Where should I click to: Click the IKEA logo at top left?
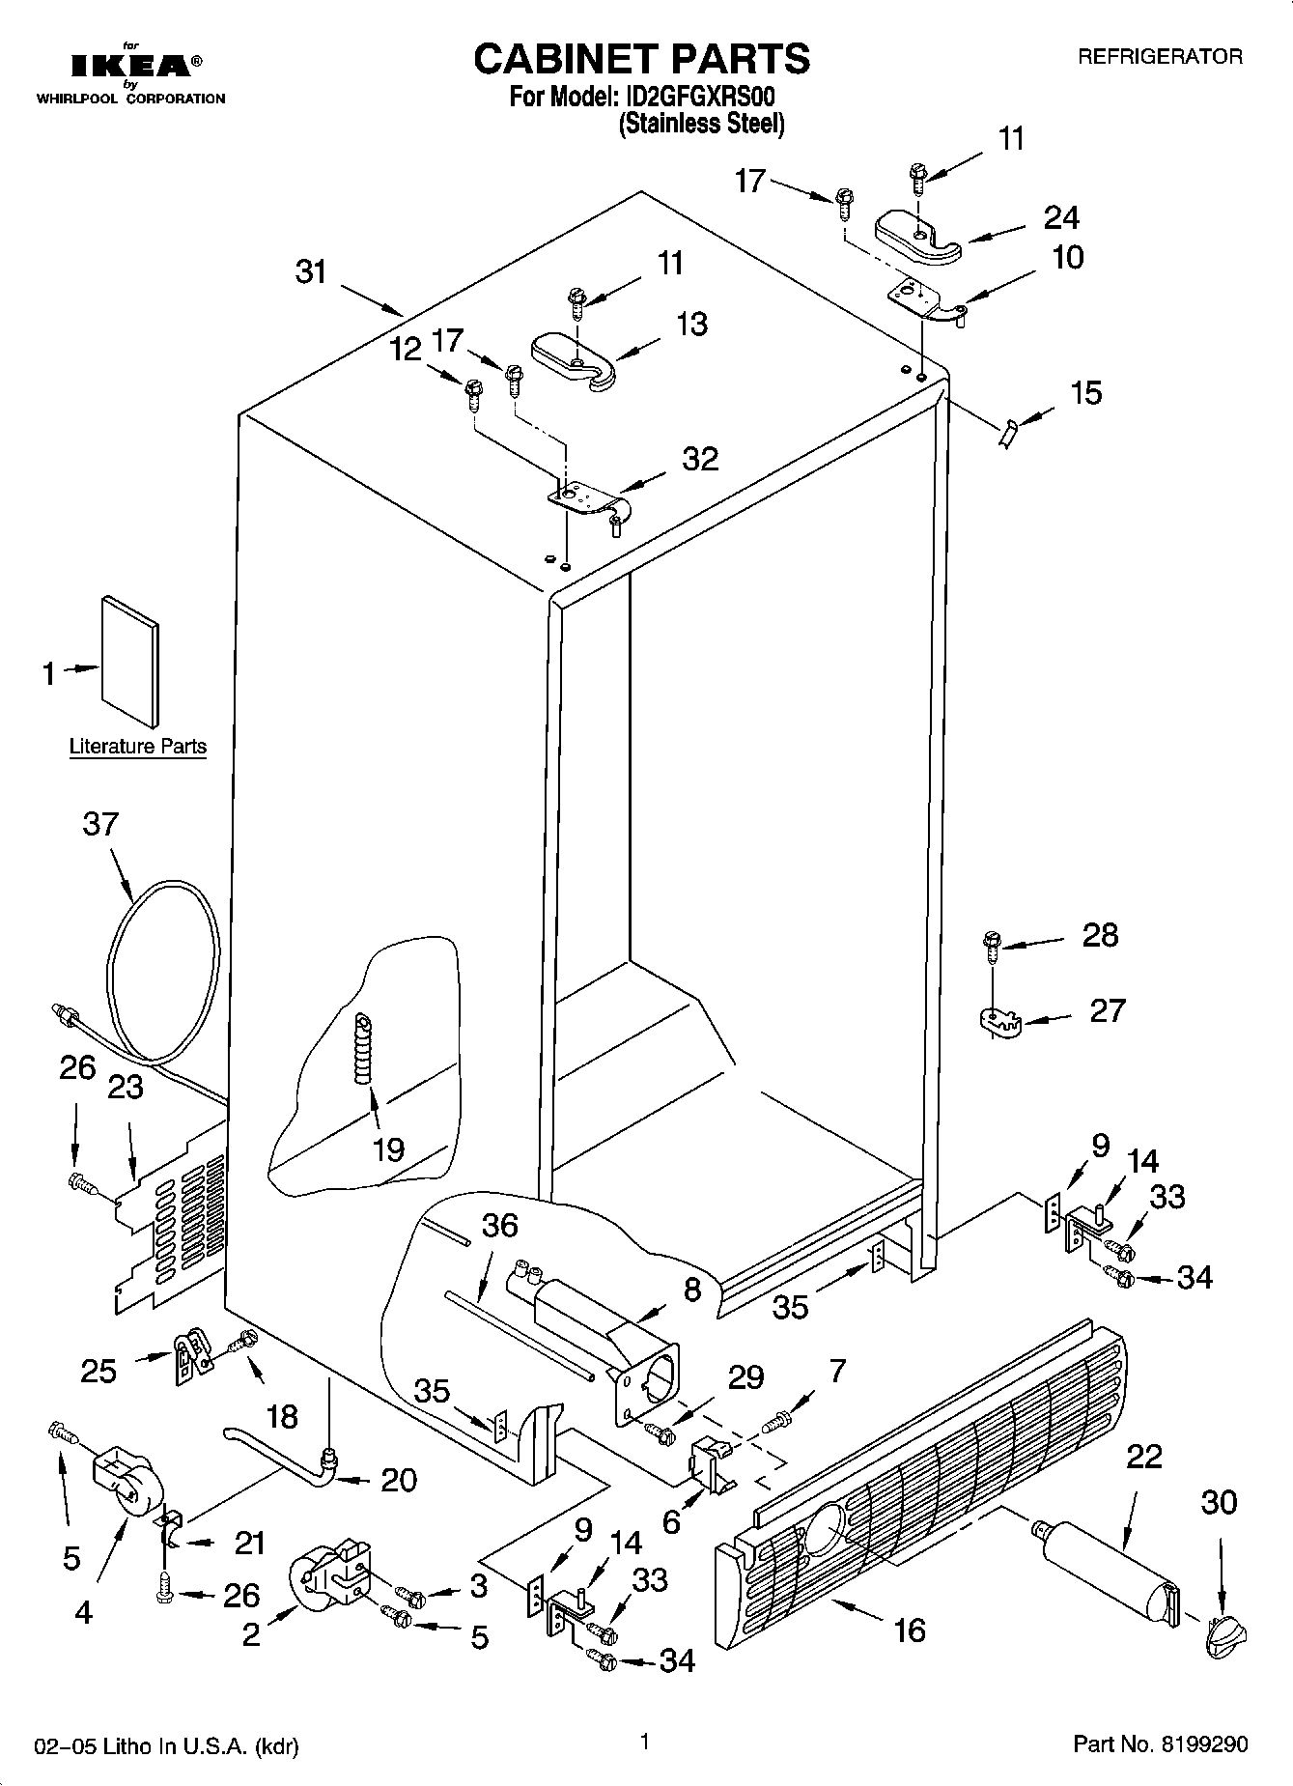pyautogui.click(x=130, y=66)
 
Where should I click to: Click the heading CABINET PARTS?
pyautogui.click(x=641, y=59)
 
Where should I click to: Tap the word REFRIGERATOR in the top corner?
pyautogui.click(x=1160, y=57)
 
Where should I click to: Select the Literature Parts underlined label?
pyautogui.click(x=138, y=747)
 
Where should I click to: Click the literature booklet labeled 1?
pyautogui.click(x=129, y=660)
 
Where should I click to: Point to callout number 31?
pyautogui.click(x=311, y=272)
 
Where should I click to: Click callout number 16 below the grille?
pyautogui.click(x=910, y=1630)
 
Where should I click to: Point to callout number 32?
pyautogui.click(x=700, y=459)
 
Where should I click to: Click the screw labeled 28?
pyautogui.click(x=991, y=946)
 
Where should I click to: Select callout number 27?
pyautogui.click(x=1107, y=1010)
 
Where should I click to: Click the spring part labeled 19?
pyautogui.click(x=363, y=1050)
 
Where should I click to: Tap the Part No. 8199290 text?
pyautogui.click(x=1160, y=1743)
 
